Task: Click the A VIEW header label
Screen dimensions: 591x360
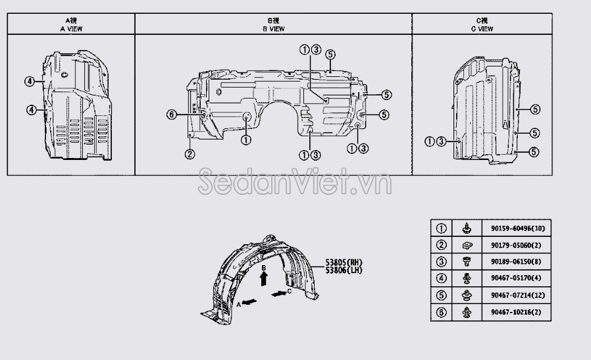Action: [71, 29]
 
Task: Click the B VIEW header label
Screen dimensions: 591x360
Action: [274, 29]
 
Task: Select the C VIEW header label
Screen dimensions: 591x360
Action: [482, 29]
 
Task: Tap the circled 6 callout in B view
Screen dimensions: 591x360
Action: [172, 115]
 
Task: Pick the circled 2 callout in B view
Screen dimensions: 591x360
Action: [190, 154]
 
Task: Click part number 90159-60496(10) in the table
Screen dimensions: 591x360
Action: [517, 228]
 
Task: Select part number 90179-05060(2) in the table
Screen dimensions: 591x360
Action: [515, 245]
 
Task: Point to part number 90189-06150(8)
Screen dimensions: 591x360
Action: [515, 262]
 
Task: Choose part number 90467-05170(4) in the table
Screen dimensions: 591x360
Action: [515, 278]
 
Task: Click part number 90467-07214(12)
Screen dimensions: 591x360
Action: [517, 295]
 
